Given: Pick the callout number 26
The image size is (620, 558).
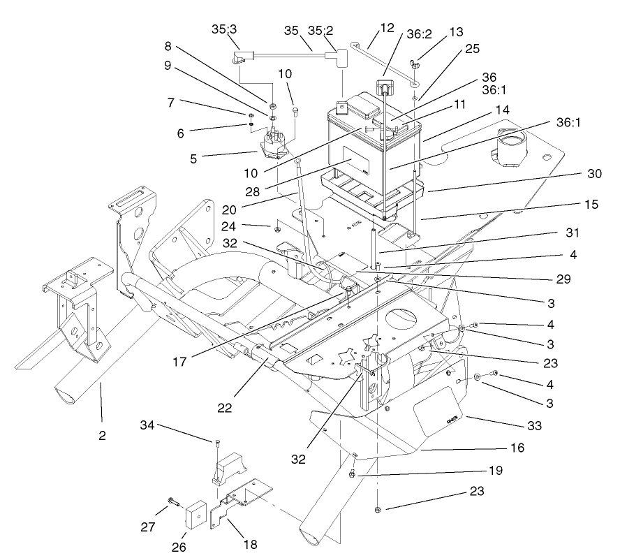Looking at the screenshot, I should pyautogui.click(x=179, y=547).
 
